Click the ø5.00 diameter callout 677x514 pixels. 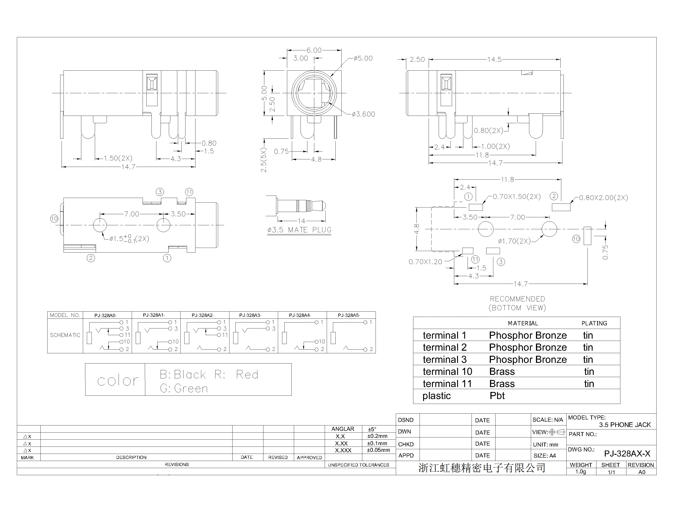click(x=363, y=58)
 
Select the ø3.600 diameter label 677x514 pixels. click(x=363, y=114)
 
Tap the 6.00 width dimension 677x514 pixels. click(x=314, y=50)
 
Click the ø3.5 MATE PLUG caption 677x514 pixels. click(x=299, y=230)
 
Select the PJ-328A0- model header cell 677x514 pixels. click(x=105, y=315)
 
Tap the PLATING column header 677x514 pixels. click(x=594, y=323)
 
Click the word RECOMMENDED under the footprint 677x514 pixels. click(x=518, y=299)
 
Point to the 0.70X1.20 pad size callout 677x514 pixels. click(x=425, y=262)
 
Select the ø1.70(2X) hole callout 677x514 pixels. click(x=514, y=241)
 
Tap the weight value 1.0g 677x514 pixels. click(x=581, y=472)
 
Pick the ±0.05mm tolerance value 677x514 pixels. click(x=378, y=450)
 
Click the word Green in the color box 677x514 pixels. click(x=191, y=389)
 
